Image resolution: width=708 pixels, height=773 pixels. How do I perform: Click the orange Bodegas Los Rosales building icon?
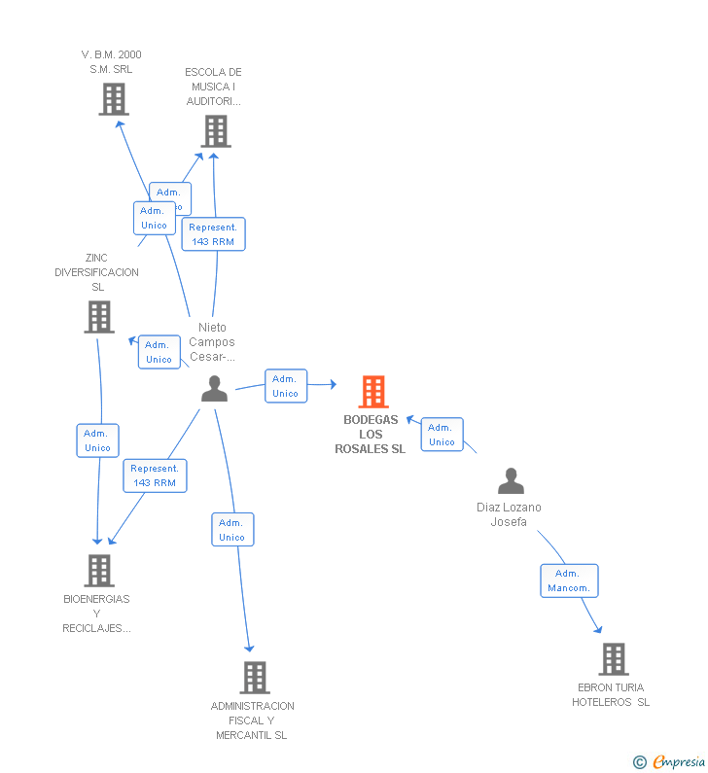[x=373, y=392]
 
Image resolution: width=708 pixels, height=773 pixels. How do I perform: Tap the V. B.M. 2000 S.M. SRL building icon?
[x=114, y=99]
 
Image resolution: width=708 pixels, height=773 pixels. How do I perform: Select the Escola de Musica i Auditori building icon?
[x=215, y=131]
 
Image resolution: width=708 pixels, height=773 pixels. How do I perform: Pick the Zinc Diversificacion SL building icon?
[x=99, y=317]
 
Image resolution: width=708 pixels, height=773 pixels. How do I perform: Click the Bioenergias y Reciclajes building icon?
[x=98, y=571]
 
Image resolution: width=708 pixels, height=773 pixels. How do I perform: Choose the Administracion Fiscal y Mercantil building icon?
[x=254, y=677]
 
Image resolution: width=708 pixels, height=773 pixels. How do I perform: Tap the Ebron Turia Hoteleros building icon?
[x=613, y=659]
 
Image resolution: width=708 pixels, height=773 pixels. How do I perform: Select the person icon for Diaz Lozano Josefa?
[x=511, y=481]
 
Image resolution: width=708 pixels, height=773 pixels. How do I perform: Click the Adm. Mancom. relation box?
[x=569, y=580]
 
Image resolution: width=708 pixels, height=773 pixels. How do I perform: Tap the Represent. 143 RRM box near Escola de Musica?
[x=213, y=234]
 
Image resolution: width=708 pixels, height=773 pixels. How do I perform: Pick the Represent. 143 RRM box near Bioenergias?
[x=155, y=475]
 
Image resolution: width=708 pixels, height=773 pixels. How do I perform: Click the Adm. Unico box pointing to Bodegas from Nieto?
[x=286, y=386]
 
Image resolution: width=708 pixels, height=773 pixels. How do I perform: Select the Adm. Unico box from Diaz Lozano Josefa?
[x=442, y=435]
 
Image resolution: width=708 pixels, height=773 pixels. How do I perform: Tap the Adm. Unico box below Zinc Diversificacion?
[x=97, y=440]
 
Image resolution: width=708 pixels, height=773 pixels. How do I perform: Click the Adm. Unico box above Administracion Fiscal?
[x=232, y=530]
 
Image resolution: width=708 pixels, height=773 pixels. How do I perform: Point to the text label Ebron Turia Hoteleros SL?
[x=611, y=695]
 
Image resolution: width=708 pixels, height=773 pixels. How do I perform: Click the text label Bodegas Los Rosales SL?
[x=371, y=435]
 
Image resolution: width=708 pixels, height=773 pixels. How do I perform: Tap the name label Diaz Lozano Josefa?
[x=509, y=514]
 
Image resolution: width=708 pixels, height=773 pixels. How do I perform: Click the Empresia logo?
[x=670, y=761]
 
